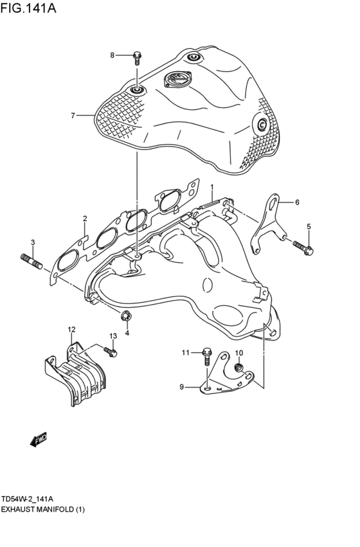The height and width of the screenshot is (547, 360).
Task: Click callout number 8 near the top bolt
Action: tap(112, 55)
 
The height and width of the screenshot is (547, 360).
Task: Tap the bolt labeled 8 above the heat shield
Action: tap(137, 58)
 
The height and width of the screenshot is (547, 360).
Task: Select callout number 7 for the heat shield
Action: tap(73, 116)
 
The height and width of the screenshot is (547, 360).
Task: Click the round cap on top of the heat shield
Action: tap(177, 80)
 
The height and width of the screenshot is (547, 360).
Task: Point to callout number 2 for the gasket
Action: tap(84, 219)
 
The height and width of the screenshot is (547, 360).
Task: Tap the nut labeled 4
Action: tap(127, 315)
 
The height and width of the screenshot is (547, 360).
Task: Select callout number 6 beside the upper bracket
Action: tap(298, 202)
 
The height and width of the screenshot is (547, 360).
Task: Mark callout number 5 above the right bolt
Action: tap(309, 226)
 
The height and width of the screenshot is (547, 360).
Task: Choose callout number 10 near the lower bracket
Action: tap(239, 353)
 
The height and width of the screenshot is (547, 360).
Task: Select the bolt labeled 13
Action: tap(110, 351)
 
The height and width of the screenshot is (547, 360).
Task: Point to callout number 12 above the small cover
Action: tap(71, 329)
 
